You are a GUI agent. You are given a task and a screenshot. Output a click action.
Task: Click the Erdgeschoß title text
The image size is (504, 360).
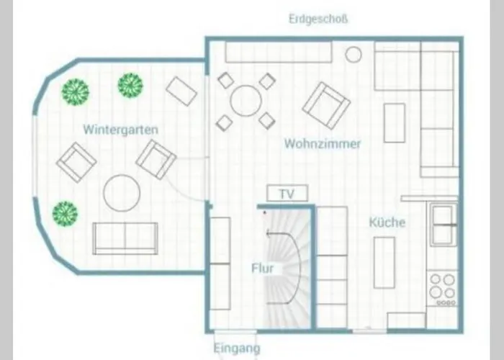tap(318, 19)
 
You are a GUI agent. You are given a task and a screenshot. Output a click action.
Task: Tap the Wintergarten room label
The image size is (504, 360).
tap(120, 130)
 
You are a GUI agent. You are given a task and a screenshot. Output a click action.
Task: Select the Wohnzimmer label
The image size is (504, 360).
tap(323, 144)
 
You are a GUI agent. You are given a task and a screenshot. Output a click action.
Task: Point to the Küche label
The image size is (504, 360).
tap(387, 222)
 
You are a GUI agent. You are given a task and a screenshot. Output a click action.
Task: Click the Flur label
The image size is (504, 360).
tap(263, 269)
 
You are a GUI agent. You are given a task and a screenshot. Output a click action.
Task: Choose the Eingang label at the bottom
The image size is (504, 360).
tap(237, 348)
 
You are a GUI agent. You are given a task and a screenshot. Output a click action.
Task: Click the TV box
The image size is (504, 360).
tap(287, 194)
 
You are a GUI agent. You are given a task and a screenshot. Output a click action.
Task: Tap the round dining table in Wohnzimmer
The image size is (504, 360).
tap(246, 101)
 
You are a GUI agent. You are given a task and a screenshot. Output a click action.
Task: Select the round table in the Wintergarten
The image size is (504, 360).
tap(122, 193)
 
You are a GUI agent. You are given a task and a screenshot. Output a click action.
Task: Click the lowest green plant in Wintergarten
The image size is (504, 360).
tap(65, 214)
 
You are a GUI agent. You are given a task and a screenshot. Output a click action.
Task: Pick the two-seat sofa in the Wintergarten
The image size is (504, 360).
tap(125, 238)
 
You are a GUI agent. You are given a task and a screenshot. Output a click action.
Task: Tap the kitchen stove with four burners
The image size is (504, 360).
tap(442, 288)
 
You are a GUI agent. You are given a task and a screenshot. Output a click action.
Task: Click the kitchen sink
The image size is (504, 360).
tap(443, 224)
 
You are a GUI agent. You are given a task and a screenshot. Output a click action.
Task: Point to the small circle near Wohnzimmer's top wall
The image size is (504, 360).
tap(354, 54)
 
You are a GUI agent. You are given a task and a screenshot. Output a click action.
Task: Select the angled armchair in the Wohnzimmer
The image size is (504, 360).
tap(326, 105)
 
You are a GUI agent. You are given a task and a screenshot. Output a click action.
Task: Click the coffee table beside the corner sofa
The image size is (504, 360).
tap(395, 123)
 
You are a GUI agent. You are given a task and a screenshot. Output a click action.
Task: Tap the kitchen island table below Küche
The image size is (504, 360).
tap(384, 263)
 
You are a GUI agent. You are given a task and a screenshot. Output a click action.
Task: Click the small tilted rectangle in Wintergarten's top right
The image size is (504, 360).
tap(181, 91)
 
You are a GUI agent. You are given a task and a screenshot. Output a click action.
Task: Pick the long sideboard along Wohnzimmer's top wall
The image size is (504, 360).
tap(279, 52)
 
